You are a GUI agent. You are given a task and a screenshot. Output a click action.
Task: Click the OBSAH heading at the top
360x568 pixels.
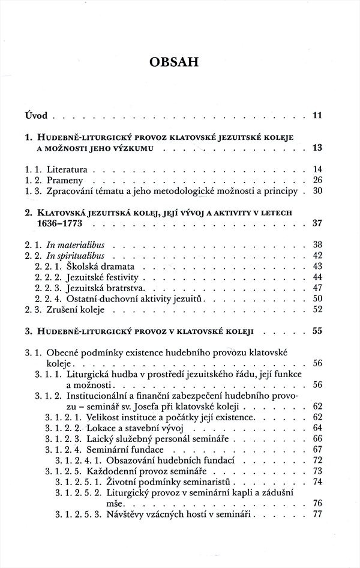pyautogui.click(x=180, y=62)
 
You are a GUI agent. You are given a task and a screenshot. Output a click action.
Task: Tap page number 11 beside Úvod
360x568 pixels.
pyautogui.click(x=317, y=114)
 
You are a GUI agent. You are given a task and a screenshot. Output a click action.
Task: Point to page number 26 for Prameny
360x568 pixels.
pyautogui.click(x=317, y=180)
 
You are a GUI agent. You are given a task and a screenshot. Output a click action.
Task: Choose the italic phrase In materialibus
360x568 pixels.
pyautogui.click(x=75, y=244)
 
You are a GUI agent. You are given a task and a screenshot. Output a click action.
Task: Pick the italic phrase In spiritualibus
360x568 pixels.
pyautogui.click(x=74, y=255)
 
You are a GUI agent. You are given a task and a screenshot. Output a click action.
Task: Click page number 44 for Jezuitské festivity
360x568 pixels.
pyautogui.click(x=317, y=277)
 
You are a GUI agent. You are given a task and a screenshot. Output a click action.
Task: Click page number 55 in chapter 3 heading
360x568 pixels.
pyautogui.click(x=317, y=331)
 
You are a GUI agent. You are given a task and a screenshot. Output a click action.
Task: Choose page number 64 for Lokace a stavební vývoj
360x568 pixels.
pyautogui.click(x=317, y=427)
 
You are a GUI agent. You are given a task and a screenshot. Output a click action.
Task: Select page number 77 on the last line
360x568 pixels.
pyautogui.click(x=317, y=514)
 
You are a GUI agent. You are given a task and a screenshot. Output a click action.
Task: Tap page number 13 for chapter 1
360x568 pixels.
pyautogui.click(x=317, y=148)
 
